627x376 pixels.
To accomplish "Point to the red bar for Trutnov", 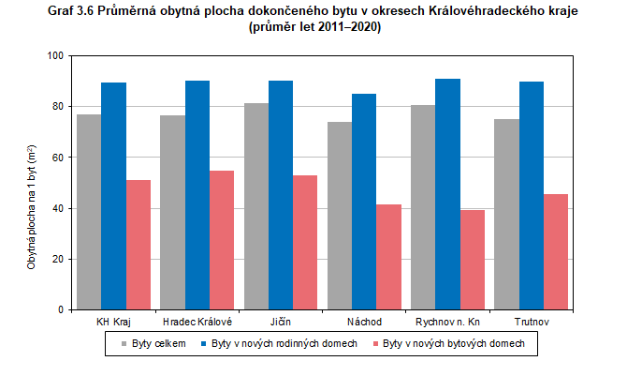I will [x=556, y=251].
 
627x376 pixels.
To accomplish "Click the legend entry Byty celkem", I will [x=153, y=344].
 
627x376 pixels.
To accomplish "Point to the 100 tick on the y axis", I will [x=55, y=56].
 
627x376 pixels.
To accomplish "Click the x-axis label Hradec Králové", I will [x=197, y=322].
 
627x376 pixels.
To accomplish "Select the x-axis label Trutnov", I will [x=531, y=322].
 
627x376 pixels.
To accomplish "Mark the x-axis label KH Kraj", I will [x=114, y=322].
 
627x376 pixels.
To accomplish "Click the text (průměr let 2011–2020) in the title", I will [x=315, y=27].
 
